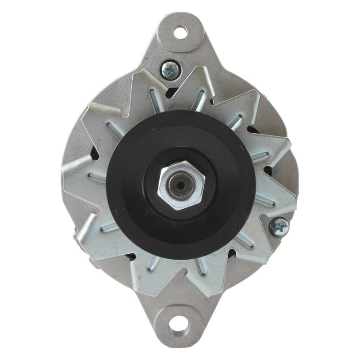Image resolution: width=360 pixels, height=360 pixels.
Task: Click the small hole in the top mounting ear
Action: tap(180, 32)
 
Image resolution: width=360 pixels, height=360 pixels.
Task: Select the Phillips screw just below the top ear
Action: tap(171, 70)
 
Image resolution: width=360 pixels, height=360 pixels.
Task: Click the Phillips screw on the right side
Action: tap(279, 226)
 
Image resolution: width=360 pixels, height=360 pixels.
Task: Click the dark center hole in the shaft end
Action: tap(180, 185)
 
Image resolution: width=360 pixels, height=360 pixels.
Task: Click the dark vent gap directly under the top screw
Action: tap(171, 93)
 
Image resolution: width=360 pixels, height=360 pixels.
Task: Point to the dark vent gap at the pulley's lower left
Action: tap(130, 257)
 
